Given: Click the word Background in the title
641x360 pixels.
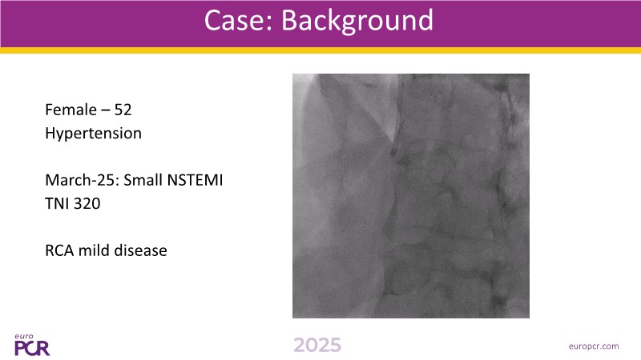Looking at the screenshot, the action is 357,22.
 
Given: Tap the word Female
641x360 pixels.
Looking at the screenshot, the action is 71,110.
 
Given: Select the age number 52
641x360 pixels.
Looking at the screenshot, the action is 123,110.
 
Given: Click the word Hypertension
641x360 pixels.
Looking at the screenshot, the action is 93,134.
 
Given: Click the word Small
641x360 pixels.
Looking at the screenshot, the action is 142,180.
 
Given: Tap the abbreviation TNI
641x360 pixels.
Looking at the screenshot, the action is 55,204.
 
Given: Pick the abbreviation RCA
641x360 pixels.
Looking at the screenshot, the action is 59,250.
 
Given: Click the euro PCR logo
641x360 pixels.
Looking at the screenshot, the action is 32,345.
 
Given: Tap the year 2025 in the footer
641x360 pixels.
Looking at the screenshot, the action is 317,346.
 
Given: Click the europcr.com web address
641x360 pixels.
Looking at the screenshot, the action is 594,346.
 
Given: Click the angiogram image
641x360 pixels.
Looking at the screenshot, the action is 411,196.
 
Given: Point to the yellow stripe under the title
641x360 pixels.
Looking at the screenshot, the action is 320,50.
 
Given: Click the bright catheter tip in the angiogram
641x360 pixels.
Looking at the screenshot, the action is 393,144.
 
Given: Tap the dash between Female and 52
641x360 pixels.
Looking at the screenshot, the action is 105,110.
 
